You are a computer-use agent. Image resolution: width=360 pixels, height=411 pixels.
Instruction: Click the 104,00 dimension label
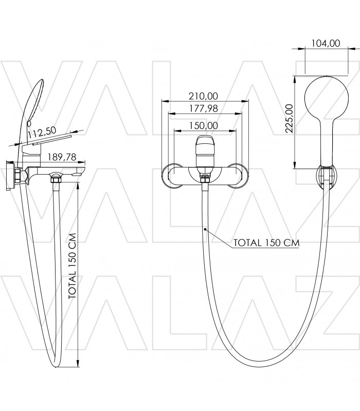(326, 43)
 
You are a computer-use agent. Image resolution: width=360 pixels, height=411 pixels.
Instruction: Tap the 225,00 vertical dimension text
(289, 119)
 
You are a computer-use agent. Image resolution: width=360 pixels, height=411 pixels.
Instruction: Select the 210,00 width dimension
(203, 96)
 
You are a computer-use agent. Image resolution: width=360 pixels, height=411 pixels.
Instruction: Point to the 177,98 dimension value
(204, 108)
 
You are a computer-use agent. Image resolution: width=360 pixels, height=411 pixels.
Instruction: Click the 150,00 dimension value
(204, 125)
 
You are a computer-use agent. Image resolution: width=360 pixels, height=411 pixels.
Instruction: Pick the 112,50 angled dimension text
(42, 133)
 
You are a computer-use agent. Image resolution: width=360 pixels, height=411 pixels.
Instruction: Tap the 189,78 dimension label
(62, 157)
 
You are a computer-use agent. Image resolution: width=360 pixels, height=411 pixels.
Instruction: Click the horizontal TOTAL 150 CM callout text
(266, 242)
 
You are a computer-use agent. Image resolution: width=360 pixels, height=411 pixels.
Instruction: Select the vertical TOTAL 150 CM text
(72, 266)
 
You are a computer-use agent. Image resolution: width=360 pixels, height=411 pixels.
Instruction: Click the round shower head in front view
(327, 97)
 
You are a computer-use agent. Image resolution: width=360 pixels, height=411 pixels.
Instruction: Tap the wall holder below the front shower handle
(327, 177)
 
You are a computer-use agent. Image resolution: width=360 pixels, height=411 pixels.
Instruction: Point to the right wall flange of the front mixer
(238, 176)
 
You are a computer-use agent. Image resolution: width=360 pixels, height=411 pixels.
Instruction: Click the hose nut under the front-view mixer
(205, 179)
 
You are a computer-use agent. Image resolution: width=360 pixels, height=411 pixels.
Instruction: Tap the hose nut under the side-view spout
(56, 179)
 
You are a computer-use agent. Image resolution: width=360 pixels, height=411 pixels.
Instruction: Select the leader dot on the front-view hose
(205, 229)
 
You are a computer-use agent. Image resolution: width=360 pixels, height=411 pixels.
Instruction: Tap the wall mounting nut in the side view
(18, 176)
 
